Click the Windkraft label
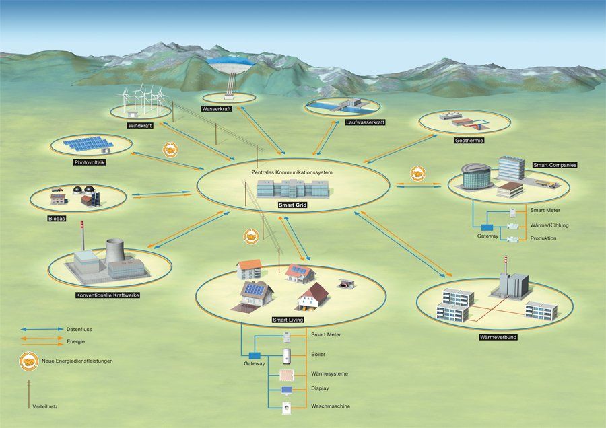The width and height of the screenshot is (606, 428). click(140, 125)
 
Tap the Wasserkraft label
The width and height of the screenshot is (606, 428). click(216, 109)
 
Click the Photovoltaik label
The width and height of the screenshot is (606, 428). click(90, 162)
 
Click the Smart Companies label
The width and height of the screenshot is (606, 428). click(554, 164)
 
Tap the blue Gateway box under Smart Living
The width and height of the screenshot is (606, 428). click(255, 355)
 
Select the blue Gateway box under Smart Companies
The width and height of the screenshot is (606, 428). click(487, 227)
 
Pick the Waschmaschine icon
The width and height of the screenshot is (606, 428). click(286, 407)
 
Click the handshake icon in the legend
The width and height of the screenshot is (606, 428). click(29, 361)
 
